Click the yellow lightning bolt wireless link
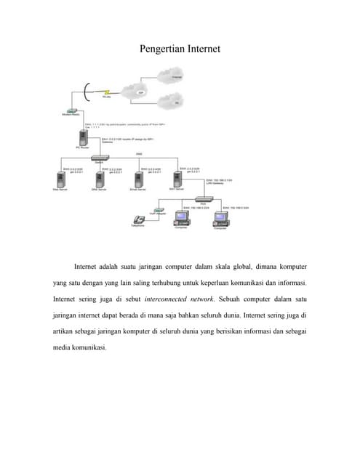[x=106, y=92]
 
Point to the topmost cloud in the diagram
[x=175, y=74]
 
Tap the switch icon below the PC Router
[x=99, y=158]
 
